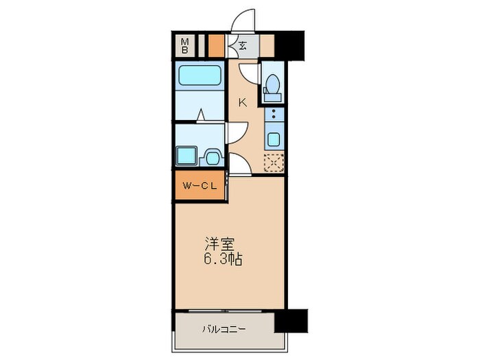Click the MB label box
pos(185,46)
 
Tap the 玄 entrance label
pos(243,46)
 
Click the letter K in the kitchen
pos(242,102)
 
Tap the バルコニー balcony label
pos(224,328)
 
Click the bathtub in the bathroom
pos(200,75)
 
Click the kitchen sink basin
pos(274,139)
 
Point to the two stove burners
pos(274,115)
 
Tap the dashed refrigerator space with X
pos(274,163)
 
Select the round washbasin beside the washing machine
pos(213,157)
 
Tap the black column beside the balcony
pos(291,320)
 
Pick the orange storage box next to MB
pos(216,46)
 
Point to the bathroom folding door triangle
pos(200,115)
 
